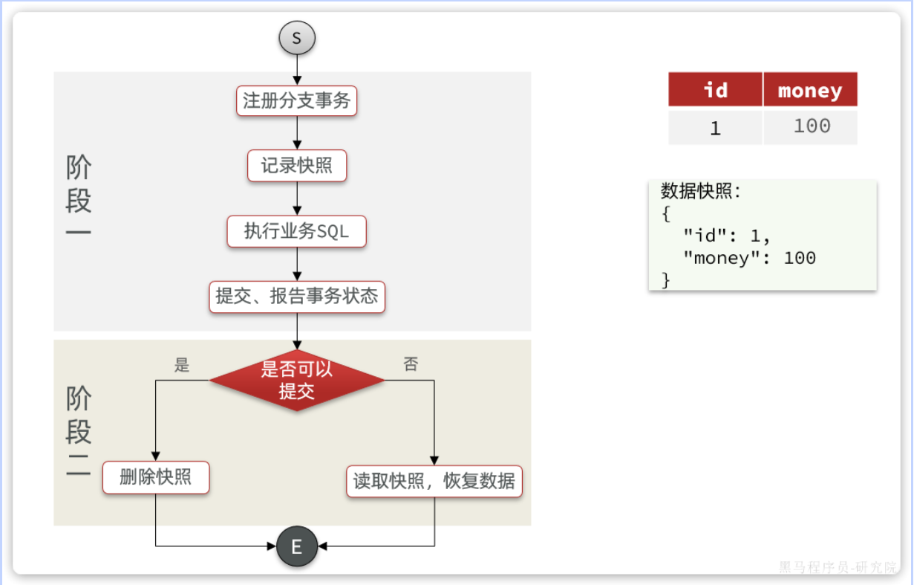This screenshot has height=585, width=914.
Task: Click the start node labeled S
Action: [x=297, y=38]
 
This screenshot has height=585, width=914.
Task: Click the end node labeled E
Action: [x=297, y=547]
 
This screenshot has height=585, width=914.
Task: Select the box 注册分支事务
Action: [x=297, y=100]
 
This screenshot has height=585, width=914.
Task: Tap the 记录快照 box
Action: [x=297, y=166]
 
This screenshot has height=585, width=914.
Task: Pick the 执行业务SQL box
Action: [x=297, y=231]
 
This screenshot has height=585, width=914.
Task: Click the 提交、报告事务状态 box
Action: [x=297, y=297]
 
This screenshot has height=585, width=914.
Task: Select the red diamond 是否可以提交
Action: [x=297, y=381]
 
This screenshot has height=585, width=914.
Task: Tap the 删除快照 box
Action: [x=156, y=477]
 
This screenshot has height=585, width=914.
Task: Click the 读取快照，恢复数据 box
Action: [x=434, y=481]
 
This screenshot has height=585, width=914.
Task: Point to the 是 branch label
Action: [x=182, y=365]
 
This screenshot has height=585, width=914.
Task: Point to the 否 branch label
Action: [x=411, y=364]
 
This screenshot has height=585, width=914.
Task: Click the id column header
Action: [x=715, y=90]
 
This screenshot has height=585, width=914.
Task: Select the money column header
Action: [x=810, y=90]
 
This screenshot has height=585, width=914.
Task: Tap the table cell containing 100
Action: [x=811, y=126]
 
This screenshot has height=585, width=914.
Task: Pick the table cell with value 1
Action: [x=715, y=128]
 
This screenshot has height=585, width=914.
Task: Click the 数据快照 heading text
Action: [x=701, y=192]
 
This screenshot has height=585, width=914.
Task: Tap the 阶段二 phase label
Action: [x=79, y=433]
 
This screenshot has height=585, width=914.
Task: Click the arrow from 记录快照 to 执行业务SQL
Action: [x=297, y=198]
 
